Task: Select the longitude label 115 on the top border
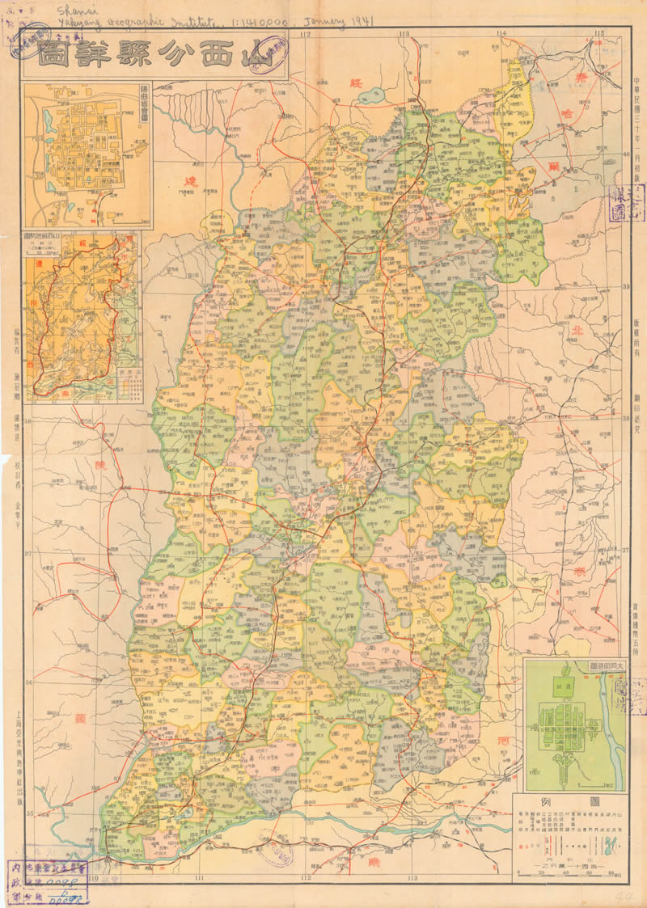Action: (599, 32)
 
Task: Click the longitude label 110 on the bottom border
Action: (94, 878)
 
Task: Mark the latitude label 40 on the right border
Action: (625, 155)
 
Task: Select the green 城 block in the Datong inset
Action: (557, 687)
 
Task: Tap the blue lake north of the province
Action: (373, 96)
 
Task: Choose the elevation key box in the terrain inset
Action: (128, 383)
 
